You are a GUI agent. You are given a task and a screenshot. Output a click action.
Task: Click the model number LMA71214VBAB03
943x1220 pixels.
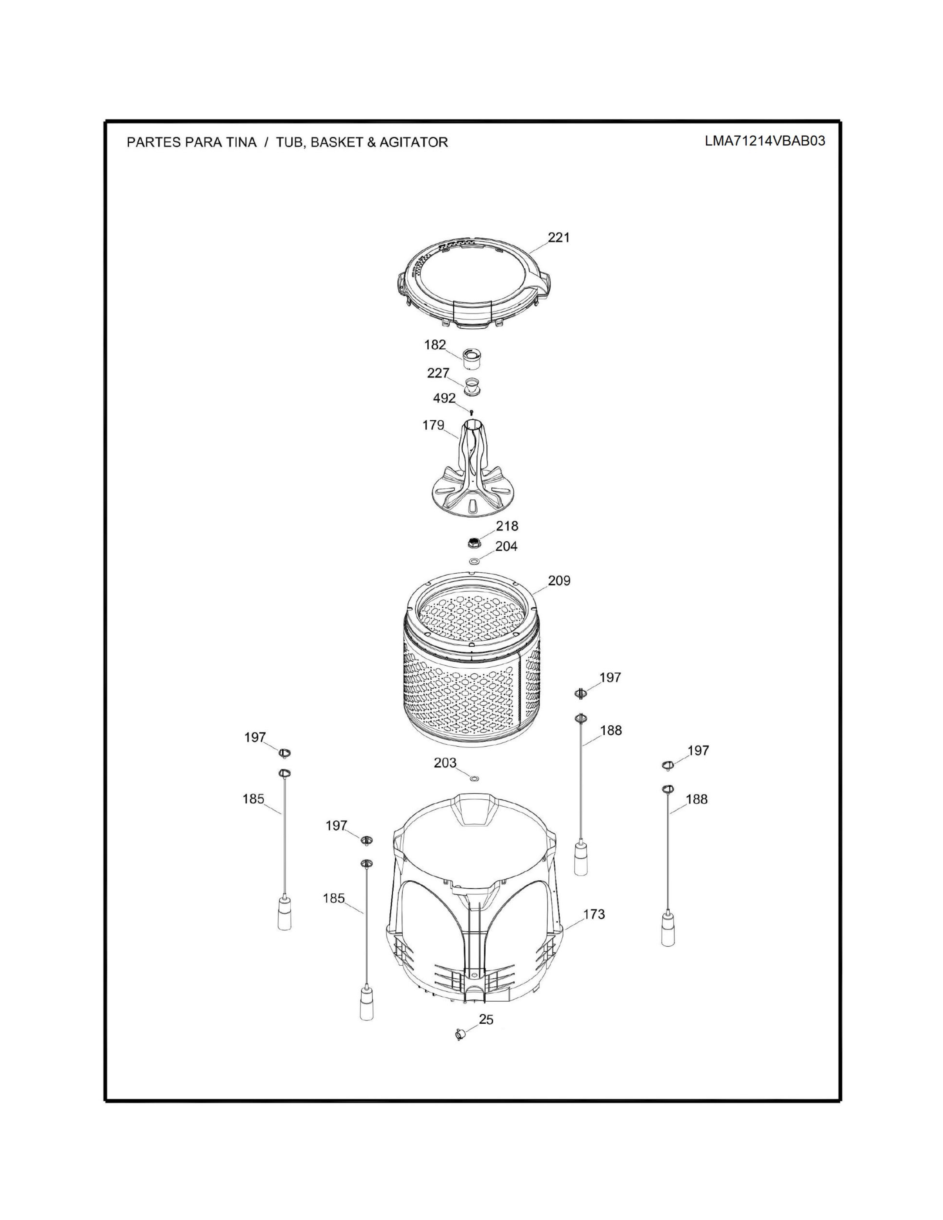[764, 141]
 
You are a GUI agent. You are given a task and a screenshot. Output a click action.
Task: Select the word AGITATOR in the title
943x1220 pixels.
[413, 142]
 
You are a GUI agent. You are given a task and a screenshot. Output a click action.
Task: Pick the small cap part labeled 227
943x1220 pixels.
[473, 386]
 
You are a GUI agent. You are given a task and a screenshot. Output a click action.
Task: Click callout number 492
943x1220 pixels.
[444, 398]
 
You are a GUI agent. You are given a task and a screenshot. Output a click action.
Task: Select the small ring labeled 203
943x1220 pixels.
[474, 778]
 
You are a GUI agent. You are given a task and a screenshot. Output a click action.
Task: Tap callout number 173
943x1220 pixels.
[594, 914]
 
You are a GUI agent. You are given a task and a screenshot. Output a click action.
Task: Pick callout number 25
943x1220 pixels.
[486, 1020]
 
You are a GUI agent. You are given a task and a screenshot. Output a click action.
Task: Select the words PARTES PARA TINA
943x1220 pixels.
[192, 142]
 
